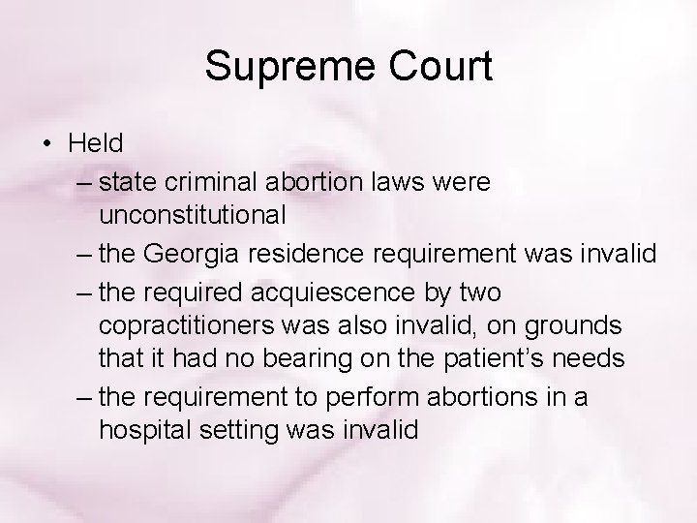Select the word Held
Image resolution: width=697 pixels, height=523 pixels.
click(96, 144)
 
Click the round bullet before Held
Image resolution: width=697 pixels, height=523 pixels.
click(47, 144)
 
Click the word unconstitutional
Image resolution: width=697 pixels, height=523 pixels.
click(192, 215)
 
